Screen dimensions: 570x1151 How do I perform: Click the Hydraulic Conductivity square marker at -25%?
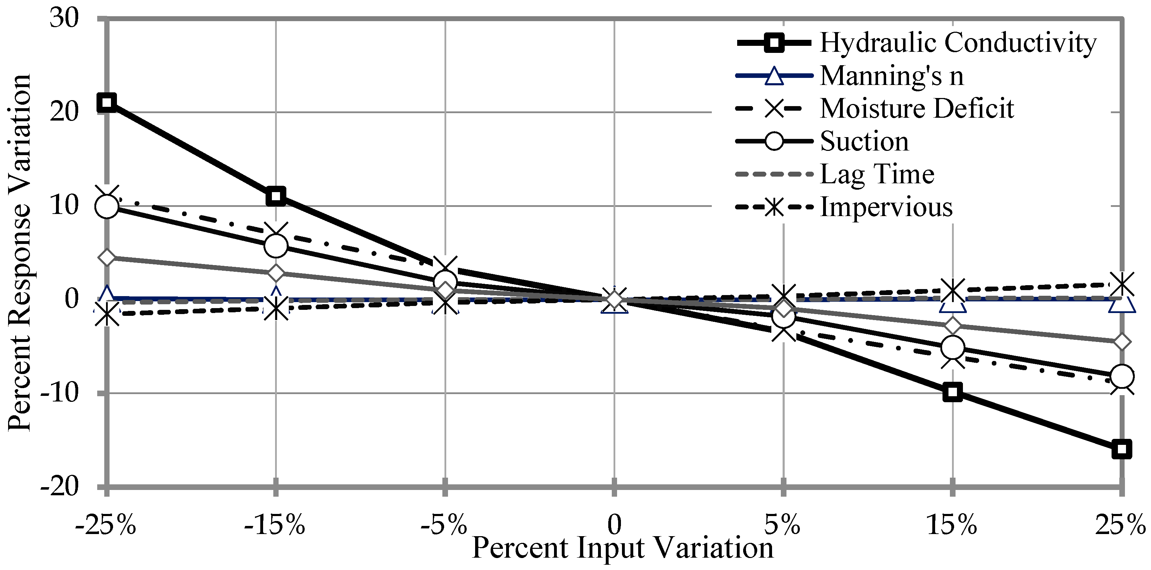[x=107, y=102]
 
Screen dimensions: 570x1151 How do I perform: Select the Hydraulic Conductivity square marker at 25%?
[x=1121, y=449]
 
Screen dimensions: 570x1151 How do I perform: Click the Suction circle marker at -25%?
[x=107, y=207]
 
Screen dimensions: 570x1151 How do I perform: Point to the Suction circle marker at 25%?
[x=1121, y=376]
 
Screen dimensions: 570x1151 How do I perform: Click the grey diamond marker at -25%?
[x=107, y=258]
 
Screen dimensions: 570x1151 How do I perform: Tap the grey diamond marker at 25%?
[x=1121, y=342]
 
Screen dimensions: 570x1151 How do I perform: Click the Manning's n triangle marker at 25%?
[x=1121, y=303]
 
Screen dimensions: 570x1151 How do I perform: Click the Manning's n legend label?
[x=891, y=75]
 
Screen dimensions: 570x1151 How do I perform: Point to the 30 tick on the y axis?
[x=64, y=19]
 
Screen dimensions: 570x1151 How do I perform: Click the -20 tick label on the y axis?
[x=60, y=486]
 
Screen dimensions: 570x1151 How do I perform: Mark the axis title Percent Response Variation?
[x=20, y=253]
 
